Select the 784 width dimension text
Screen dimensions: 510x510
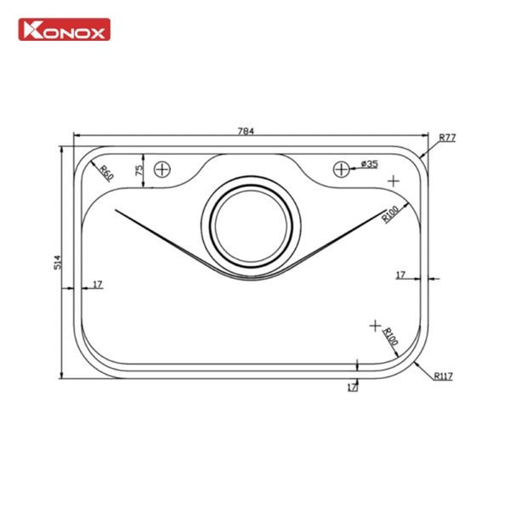pyautogui.click(x=246, y=131)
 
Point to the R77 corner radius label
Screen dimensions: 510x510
pyautogui.click(x=447, y=138)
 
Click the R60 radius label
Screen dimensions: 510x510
pyautogui.click(x=106, y=173)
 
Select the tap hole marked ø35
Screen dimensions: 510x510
pyautogui.click(x=340, y=168)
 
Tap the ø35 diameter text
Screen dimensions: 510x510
pyautogui.click(x=369, y=163)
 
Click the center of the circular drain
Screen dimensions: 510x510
pyautogui.click(x=252, y=229)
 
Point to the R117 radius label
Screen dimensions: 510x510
pyautogui.click(x=443, y=376)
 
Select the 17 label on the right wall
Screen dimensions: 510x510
pyautogui.click(x=400, y=275)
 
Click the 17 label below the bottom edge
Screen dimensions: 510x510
pyautogui.click(x=351, y=387)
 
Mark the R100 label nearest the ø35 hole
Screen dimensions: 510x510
pyautogui.click(x=390, y=213)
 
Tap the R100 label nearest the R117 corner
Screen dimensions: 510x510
pyautogui.click(x=390, y=335)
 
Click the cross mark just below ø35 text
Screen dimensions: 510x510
pyautogui.click(x=393, y=181)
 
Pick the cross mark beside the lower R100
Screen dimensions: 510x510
pyautogui.click(x=374, y=326)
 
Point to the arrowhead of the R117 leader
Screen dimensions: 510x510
pyautogui.click(x=416, y=360)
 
